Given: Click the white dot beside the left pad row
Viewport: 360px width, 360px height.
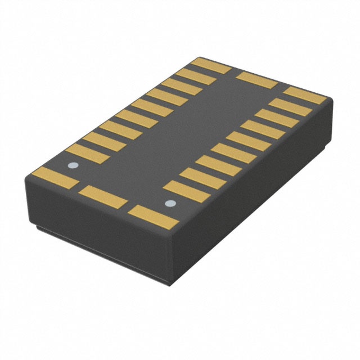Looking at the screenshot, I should click(x=72, y=165).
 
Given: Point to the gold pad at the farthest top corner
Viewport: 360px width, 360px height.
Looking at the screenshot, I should click(x=211, y=65).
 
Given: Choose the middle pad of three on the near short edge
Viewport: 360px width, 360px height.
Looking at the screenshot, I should click(x=105, y=196).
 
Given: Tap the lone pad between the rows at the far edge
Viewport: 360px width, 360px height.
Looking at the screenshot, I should click(x=256, y=80).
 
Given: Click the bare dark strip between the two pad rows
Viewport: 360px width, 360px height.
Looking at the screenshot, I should click(x=186, y=135).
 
